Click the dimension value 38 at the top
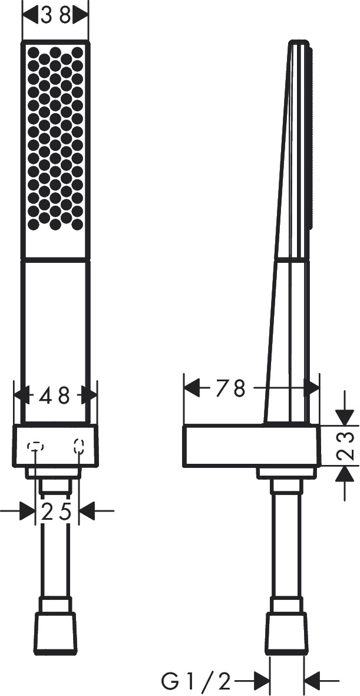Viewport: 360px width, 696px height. click(x=55, y=15)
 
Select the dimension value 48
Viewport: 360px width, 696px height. click(x=55, y=395)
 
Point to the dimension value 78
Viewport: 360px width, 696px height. click(x=230, y=389)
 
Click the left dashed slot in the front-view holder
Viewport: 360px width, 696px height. click(x=35, y=446)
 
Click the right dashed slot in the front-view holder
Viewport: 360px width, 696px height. click(x=79, y=446)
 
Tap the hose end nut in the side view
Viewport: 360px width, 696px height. click(x=286, y=632)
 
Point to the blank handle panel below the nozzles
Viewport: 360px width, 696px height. click(x=55, y=339)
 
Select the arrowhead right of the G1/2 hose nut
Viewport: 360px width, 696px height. click(x=312, y=682)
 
